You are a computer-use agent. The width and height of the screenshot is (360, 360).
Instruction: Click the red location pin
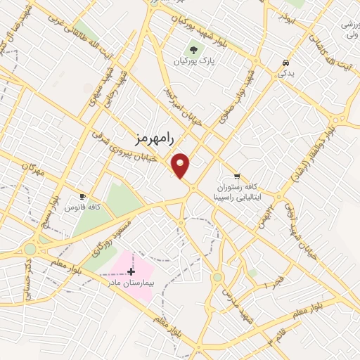[x=181, y=165]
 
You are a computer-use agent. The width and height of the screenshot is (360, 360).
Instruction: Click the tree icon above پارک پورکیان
[x=194, y=50]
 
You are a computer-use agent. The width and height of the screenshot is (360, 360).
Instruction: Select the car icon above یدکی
[x=284, y=62]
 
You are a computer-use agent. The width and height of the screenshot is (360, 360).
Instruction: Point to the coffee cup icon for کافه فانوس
[x=84, y=196]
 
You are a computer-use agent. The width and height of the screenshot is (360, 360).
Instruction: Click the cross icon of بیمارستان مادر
[x=131, y=271]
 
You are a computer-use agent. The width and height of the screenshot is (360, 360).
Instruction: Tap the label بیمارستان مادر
[x=131, y=283]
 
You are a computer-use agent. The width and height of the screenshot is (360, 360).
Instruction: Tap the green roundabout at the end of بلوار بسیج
[x=30, y=249]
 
